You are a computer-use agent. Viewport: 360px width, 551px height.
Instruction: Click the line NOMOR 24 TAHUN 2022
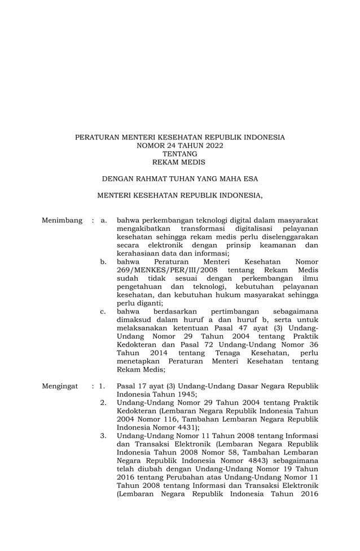coord(180,146)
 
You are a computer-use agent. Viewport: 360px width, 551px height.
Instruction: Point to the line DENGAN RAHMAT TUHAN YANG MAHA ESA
coord(180,179)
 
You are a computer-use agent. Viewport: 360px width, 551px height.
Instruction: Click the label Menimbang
coord(62,220)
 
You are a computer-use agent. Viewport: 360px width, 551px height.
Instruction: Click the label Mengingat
coord(60,387)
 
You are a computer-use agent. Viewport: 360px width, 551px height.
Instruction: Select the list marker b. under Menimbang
coord(103,262)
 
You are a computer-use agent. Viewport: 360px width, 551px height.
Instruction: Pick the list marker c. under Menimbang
coord(103,312)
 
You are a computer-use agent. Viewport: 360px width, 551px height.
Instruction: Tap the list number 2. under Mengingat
coord(103,403)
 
